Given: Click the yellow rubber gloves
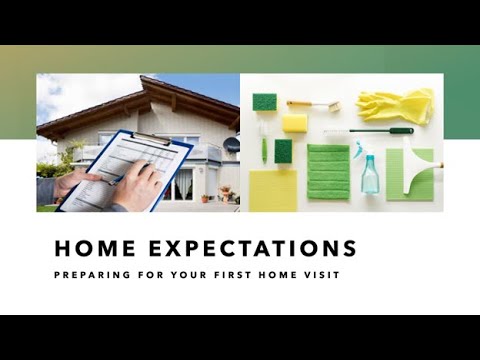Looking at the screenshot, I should pos(397,105).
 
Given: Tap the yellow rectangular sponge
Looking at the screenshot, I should pos(294,123).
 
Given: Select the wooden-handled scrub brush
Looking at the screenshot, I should pos(312,105).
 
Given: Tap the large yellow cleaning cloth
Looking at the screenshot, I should pos(273,189).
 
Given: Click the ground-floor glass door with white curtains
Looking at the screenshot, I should pos(182,183).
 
